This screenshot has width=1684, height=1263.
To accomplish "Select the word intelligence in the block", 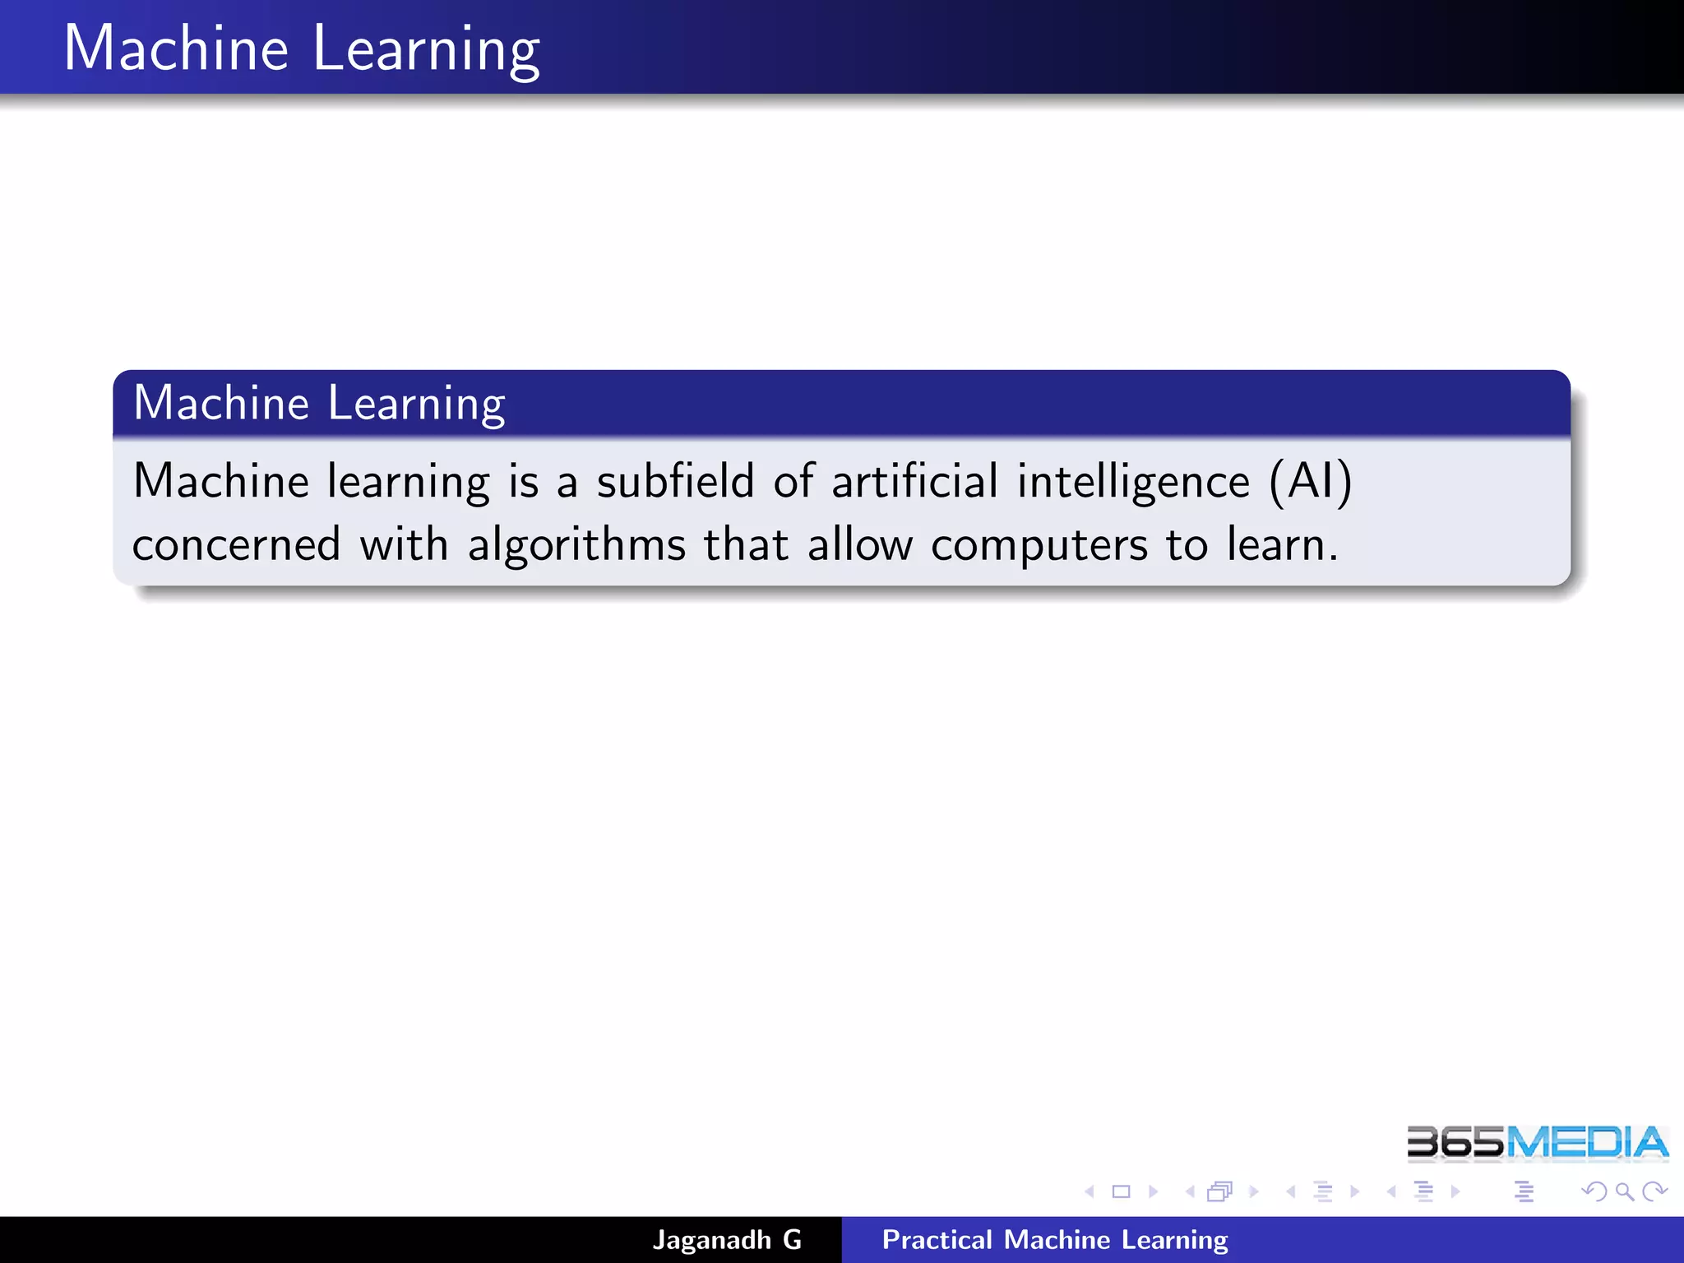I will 1133,483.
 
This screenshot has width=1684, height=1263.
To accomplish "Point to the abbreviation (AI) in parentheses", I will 1311,483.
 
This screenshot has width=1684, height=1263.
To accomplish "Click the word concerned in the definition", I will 237,545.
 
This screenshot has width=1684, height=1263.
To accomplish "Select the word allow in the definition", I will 859,544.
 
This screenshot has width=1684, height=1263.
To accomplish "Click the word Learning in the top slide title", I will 426,49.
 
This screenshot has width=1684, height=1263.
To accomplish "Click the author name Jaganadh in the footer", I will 712,1240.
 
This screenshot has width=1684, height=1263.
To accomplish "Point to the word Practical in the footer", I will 937,1240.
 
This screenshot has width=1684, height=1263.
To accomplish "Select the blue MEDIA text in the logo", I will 1587,1143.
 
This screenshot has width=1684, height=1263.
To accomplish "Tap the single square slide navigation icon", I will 1121,1191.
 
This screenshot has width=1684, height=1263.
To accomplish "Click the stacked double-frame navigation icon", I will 1220,1191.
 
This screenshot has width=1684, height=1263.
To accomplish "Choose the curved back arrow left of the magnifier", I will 1594,1191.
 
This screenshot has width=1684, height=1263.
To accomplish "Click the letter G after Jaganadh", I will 792,1240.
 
